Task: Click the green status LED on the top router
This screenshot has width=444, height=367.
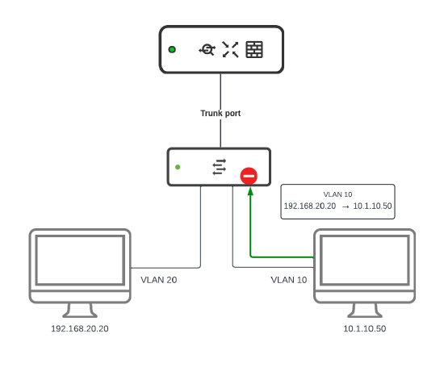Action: [x=172, y=50]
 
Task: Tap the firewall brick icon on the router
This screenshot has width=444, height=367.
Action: [x=254, y=50]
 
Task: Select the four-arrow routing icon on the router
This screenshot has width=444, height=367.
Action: [x=231, y=50]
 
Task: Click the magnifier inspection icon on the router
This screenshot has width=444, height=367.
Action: [x=207, y=50]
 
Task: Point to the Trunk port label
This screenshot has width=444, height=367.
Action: [x=220, y=114]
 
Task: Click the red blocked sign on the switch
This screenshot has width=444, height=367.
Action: [x=249, y=176]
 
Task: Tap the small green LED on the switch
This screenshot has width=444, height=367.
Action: [x=178, y=168]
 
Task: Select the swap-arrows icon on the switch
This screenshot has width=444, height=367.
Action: [x=220, y=167]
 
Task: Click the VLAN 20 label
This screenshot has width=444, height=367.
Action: [x=158, y=280]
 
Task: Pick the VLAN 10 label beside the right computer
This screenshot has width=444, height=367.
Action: [x=289, y=280]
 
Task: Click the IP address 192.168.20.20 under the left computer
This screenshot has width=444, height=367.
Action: [x=79, y=329]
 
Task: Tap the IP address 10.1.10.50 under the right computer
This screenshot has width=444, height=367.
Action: [x=365, y=329]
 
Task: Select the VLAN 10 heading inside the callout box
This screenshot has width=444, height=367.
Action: [x=337, y=194]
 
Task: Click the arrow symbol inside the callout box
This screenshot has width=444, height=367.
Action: [x=345, y=206]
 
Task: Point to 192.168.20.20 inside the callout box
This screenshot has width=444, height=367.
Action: [x=310, y=206]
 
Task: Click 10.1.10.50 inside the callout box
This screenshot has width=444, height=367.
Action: [x=372, y=206]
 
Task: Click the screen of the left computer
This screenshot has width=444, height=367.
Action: [x=79, y=260]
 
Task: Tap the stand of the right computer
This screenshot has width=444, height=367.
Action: [x=365, y=310]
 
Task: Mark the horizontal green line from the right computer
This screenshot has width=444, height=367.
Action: [x=283, y=257]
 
